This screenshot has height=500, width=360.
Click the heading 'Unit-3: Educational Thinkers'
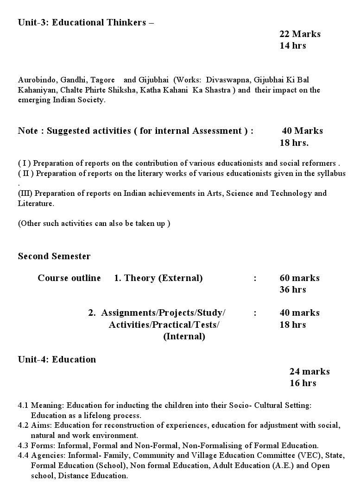[x=82, y=23]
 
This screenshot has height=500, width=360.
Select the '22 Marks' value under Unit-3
[x=300, y=34]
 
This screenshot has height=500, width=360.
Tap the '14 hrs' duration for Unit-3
[x=293, y=45]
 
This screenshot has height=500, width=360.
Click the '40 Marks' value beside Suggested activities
[x=303, y=131]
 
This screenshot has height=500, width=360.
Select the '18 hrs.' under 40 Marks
[x=294, y=143]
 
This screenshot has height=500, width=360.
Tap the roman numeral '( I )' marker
[x=25, y=163]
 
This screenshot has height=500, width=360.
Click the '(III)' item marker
[x=25, y=193]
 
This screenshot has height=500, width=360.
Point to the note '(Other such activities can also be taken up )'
[x=94, y=223]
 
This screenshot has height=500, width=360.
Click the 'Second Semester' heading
[x=54, y=256]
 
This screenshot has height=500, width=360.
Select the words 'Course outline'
[x=69, y=278]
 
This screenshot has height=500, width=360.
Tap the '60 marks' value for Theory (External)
[x=300, y=278]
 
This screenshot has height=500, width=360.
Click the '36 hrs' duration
[x=293, y=290]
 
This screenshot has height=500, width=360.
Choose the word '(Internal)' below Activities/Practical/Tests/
[x=184, y=337]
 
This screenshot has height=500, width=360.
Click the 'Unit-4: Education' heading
[x=57, y=360]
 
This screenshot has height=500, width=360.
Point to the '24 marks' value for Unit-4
[x=309, y=371]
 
